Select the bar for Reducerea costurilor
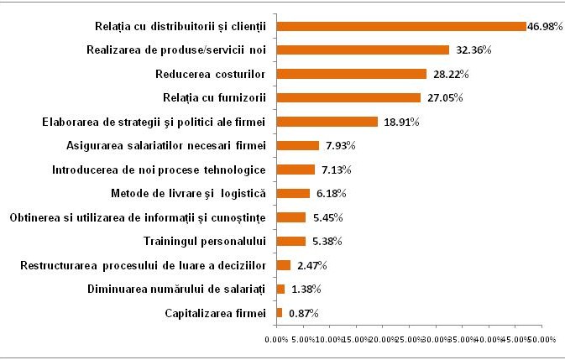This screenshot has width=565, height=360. (351, 74)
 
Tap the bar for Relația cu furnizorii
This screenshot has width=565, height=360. (348, 97)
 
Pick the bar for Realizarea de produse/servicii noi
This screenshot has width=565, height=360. (363, 50)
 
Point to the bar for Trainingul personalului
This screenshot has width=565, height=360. (290, 242)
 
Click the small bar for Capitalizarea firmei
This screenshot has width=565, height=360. (280, 313)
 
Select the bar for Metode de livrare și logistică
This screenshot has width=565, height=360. (293, 194)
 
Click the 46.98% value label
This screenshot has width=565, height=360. (543, 27)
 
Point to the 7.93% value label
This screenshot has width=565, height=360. (337, 146)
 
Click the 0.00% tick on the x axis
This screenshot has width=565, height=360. (275, 340)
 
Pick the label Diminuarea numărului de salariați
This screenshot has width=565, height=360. (175, 290)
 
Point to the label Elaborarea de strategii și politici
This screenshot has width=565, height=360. (154, 122)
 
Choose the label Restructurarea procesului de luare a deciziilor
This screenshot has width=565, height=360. (143, 266)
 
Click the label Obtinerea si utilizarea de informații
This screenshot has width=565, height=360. (138, 218)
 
